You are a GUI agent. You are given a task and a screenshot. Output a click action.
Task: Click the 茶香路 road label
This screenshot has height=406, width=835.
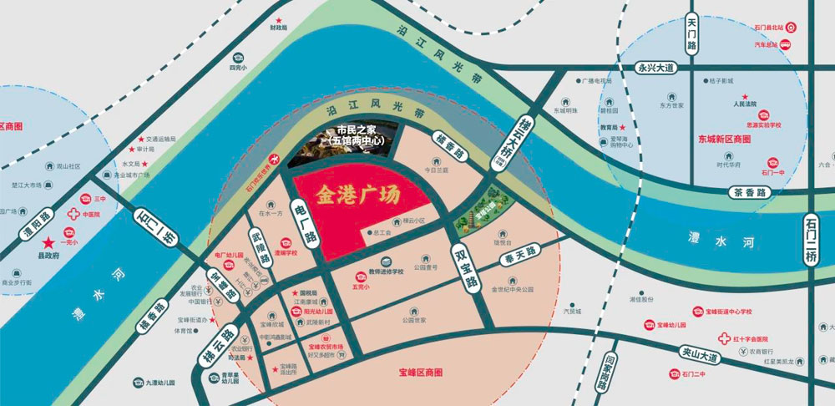[751, 192]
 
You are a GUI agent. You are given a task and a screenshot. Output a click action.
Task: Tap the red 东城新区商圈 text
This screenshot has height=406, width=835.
[725, 140]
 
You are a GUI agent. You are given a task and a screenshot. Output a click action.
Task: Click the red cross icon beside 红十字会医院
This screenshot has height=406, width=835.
[724, 339]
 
